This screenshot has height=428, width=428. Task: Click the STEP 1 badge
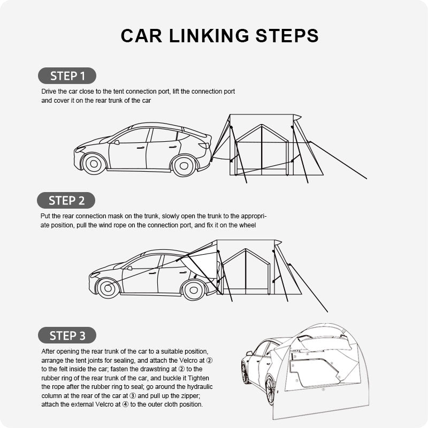67,75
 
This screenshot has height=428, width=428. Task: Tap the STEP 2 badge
66,201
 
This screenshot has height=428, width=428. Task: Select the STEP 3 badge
67,335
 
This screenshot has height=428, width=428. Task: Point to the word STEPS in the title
286,36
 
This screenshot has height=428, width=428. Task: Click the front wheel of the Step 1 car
95,164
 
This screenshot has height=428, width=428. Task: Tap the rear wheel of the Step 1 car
184,165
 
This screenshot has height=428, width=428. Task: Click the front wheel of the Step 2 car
108,288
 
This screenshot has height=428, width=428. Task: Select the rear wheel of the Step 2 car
194,289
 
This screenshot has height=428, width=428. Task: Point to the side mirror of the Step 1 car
115,142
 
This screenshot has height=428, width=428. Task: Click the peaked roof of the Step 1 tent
262,128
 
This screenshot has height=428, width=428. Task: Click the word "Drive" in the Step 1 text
50,91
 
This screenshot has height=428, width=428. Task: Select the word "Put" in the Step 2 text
46,216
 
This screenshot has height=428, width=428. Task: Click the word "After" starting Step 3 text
49,351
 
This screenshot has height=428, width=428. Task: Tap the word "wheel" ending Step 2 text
248,225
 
